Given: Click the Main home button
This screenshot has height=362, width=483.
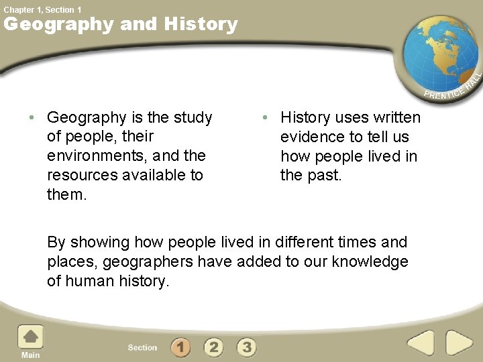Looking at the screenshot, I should coord(30,339).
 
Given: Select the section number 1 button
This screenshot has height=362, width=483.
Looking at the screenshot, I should coord(180,347).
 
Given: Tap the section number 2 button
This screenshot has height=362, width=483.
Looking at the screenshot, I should coord(213,347).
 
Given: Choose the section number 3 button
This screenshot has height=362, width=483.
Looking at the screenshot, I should coord(247,347).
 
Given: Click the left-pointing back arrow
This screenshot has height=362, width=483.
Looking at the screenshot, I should coord(422,343).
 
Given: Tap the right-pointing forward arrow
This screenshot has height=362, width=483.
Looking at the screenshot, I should coord(460,343).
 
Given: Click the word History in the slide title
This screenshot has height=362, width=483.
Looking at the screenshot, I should coord(201,25).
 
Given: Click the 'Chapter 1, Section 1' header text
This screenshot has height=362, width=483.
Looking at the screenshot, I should coord(43,9).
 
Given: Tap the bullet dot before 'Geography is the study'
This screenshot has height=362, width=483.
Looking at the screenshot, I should coord(32,118).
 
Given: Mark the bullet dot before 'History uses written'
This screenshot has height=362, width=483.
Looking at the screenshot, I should coord(265,118).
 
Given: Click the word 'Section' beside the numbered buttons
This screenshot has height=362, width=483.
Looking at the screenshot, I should coord(142,347).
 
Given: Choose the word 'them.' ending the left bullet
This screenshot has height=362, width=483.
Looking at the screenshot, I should coord(67,195).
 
